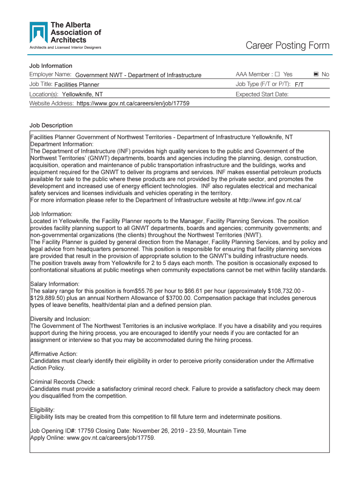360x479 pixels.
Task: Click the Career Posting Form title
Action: (x=288, y=45)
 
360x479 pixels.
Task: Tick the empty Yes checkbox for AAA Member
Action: (x=277, y=74)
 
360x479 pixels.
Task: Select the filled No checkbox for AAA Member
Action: (x=316, y=74)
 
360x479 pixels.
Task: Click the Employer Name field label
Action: (x=50, y=75)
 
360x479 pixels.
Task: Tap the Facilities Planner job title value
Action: (x=77, y=85)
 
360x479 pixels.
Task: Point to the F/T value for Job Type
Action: (x=299, y=85)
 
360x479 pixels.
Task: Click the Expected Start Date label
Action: (x=262, y=94)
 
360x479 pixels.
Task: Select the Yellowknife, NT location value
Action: (x=82, y=94)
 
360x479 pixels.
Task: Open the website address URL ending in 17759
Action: (x=133, y=103)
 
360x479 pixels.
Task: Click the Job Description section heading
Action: (x=51, y=125)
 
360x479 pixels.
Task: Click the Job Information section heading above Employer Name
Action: (x=50, y=66)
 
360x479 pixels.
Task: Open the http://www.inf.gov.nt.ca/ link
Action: (x=270, y=200)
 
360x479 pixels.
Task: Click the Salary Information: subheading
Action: (x=55, y=284)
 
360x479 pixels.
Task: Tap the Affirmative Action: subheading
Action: (x=54, y=354)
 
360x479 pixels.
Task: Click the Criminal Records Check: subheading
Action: (x=63, y=382)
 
